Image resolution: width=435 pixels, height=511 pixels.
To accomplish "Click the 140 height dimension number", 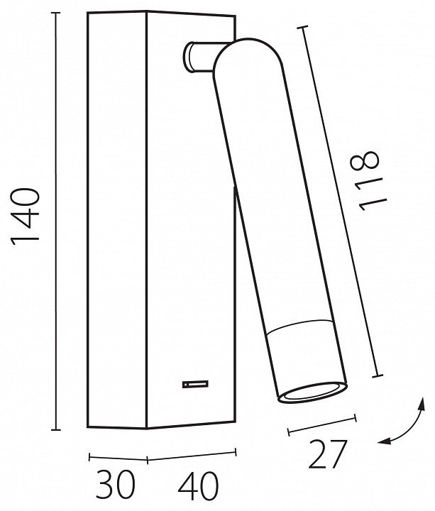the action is tap(26, 216).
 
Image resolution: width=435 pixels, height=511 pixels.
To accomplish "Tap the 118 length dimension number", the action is tap(368, 180).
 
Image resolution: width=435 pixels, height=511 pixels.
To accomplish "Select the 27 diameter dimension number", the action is tap(327, 454).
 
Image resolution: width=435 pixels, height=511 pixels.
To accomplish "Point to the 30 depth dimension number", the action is tap(116, 485).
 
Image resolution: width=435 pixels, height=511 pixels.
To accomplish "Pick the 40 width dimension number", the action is tap(198, 485).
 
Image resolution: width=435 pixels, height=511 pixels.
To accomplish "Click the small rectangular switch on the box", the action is tap(195, 384).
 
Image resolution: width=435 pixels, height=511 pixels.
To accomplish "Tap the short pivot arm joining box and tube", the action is tap(199, 56).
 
